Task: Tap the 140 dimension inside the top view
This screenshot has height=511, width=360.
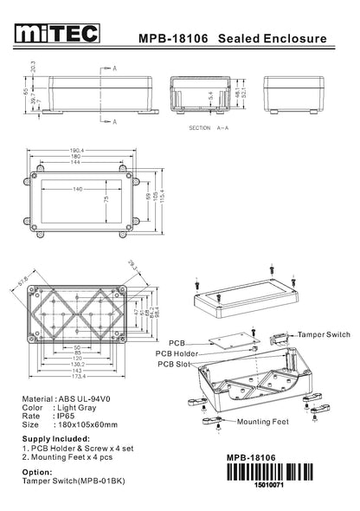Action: tap(78, 189)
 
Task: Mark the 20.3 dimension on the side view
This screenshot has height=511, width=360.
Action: tap(34, 68)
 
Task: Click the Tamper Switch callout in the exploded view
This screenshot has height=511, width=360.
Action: tap(324, 333)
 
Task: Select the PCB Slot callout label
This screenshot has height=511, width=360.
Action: tap(174, 364)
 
